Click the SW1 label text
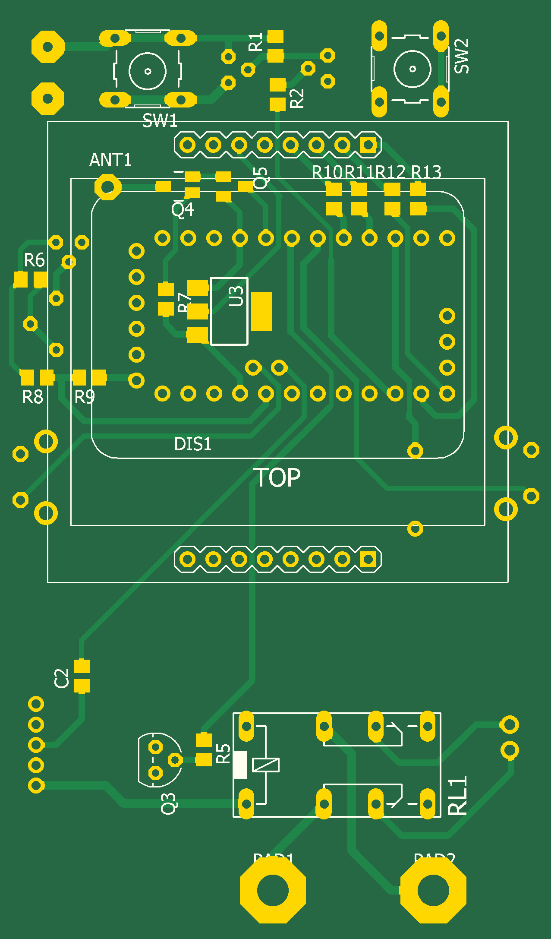point(160,120)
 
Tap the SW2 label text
point(461,56)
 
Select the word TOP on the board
point(279,478)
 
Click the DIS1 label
point(192,444)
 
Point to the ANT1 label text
point(110,160)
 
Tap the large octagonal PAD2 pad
point(433,890)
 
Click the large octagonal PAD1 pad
point(273,890)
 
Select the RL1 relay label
point(458,795)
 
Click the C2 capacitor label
point(62,678)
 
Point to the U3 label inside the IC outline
point(236,296)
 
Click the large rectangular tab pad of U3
point(261,311)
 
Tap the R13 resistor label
point(426,172)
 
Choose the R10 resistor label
point(327,172)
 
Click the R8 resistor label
point(33,397)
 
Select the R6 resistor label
point(34,260)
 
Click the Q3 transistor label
point(168,803)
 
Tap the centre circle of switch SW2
point(412,69)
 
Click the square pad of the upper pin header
point(368,145)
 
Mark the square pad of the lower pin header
point(368,560)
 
